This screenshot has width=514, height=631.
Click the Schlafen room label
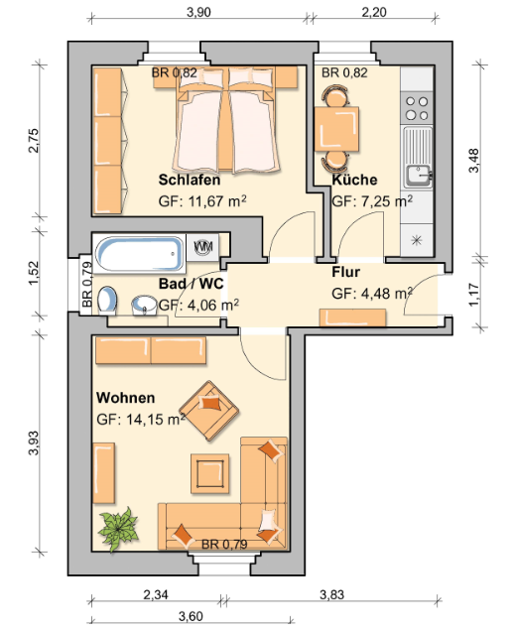click(x=190, y=180)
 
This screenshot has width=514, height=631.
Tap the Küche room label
click(x=354, y=179)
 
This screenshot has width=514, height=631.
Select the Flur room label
click(x=345, y=272)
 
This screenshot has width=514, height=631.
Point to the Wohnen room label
click(x=126, y=398)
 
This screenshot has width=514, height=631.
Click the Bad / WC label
click(x=191, y=284)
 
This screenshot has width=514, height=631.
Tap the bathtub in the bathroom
click(x=139, y=254)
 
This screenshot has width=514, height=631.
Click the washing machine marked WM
click(x=202, y=247)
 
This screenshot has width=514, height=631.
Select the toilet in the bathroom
click(x=107, y=301)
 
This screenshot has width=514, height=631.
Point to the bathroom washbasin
click(x=144, y=306)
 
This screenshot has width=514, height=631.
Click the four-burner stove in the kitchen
click(x=417, y=108)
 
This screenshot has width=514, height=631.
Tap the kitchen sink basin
click(x=418, y=176)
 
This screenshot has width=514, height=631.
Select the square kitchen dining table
click(x=336, y=129)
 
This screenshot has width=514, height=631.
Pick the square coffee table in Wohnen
click(x=209, y=473)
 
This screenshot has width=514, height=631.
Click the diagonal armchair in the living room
click(x=209, y=411)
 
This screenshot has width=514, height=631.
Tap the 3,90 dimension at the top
click(x=198, y=12)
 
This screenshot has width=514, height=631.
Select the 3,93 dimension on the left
click(x=34, y=442)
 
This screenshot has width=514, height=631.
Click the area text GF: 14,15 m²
click(x=141, y=420)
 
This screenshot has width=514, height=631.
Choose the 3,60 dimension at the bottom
click(x=191, y=616)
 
